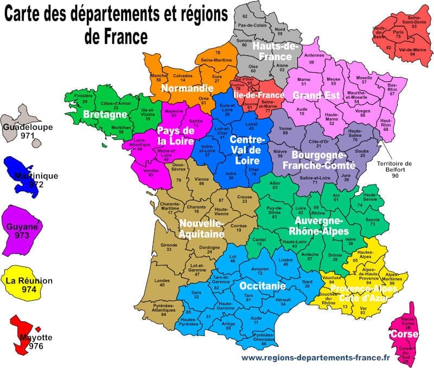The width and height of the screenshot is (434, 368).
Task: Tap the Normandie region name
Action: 187,87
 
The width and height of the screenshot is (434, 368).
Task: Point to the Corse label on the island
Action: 404,334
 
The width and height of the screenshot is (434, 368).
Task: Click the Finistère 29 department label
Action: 84,98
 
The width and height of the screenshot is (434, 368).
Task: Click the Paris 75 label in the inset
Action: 399,34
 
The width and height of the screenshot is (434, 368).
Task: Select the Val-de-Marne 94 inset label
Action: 411,52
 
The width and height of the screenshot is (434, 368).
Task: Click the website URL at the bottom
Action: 315,357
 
